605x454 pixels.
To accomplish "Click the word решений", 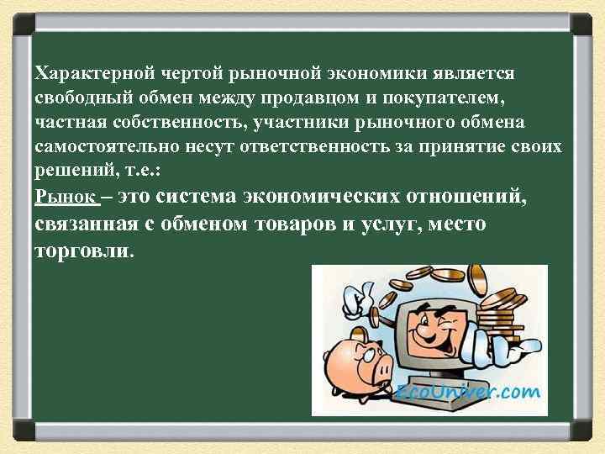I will click(71, 172).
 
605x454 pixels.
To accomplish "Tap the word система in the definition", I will click(197, 198).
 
